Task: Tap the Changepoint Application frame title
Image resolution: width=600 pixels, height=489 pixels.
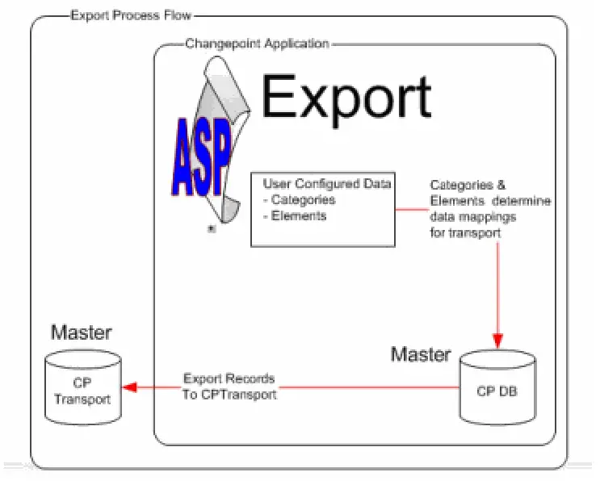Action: tap(257, 44)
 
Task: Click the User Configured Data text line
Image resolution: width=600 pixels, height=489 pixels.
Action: tap(326, 184)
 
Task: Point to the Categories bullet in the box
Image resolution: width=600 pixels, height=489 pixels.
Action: tap(299, 199)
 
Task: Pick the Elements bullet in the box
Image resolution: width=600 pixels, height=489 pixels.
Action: tap(296, 215)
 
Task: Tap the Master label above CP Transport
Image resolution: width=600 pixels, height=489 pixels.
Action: tap(82, 332)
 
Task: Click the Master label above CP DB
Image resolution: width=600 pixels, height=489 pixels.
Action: tap(421, 354)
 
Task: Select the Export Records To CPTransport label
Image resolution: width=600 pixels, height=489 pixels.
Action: tap(229, 386)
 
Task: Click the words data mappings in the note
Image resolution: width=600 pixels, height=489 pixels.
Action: tap(472, 217)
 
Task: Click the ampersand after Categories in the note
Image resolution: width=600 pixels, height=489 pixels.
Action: tap(501, 186)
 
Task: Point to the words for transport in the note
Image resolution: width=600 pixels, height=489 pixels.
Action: tap(465, 232)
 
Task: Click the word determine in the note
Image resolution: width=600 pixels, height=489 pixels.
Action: tap(525, 201)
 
